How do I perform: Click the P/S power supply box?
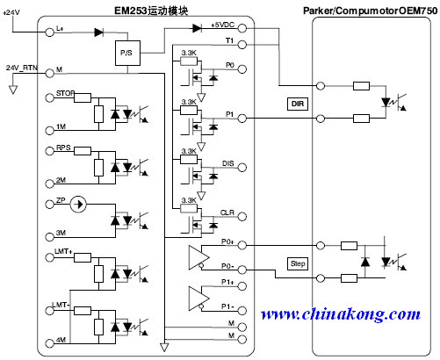127,53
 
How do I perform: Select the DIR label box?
298,104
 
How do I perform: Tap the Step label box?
298,263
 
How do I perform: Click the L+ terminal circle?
50,32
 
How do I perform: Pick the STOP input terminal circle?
50,97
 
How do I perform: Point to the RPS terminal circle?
50,151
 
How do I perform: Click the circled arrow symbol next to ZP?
78,204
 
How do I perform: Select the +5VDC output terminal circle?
242,28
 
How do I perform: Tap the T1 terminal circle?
242,45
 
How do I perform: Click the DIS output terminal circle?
242,168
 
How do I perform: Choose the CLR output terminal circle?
242,217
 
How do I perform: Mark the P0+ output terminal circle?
242,245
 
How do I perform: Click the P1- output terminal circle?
242,311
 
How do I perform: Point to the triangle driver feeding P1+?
199,299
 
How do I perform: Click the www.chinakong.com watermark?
341,314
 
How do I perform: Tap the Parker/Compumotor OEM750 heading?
370,11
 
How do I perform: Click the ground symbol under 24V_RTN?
13,90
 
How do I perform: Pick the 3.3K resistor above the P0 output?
189,61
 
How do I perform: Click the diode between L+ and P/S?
99,32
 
